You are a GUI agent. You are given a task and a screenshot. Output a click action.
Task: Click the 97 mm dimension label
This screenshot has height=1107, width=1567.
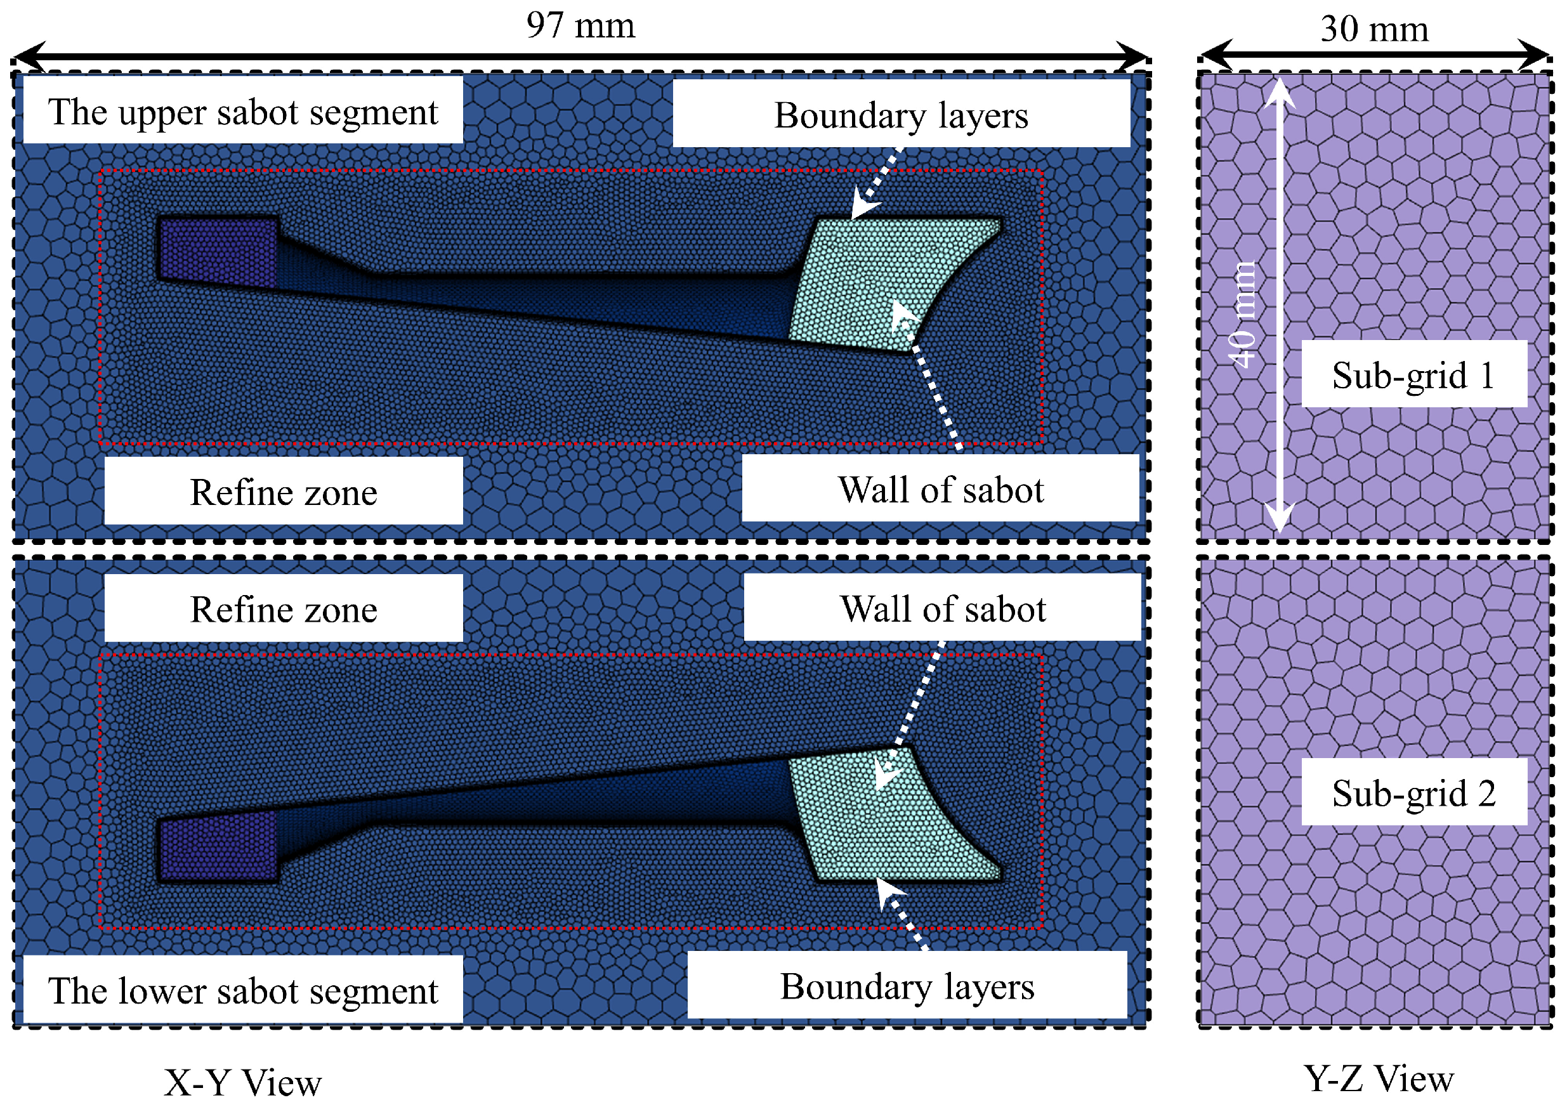(580, 26)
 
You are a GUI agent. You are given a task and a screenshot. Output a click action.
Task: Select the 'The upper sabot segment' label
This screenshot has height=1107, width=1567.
(243, 111)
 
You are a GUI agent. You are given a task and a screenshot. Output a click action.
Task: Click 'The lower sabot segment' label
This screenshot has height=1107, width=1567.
(243, 990)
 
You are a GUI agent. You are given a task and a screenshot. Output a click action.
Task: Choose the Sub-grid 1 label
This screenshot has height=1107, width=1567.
(1413, 375)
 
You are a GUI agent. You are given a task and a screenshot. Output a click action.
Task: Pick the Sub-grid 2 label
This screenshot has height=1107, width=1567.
(1413, 792)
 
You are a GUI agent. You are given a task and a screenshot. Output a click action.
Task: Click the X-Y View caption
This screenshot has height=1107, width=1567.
(242, 1082)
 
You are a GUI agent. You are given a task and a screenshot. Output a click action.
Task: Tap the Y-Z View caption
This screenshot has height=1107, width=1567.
(1379, 1079)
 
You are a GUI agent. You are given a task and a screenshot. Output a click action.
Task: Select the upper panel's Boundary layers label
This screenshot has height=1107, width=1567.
(901, 115)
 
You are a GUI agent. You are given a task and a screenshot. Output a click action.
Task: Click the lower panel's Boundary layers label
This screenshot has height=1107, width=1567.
(907, 986)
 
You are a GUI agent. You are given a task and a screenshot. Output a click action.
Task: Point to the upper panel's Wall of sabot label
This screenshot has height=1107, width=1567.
(940, 489)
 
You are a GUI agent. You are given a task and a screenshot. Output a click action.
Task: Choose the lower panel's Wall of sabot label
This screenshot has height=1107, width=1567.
(943, 608)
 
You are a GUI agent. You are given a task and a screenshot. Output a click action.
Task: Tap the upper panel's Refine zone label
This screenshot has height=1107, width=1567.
(283, 492)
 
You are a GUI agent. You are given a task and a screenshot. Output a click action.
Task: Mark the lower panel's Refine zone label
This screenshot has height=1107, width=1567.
(283, 609)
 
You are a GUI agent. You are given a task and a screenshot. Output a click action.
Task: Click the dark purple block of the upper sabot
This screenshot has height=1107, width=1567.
(217, 251)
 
